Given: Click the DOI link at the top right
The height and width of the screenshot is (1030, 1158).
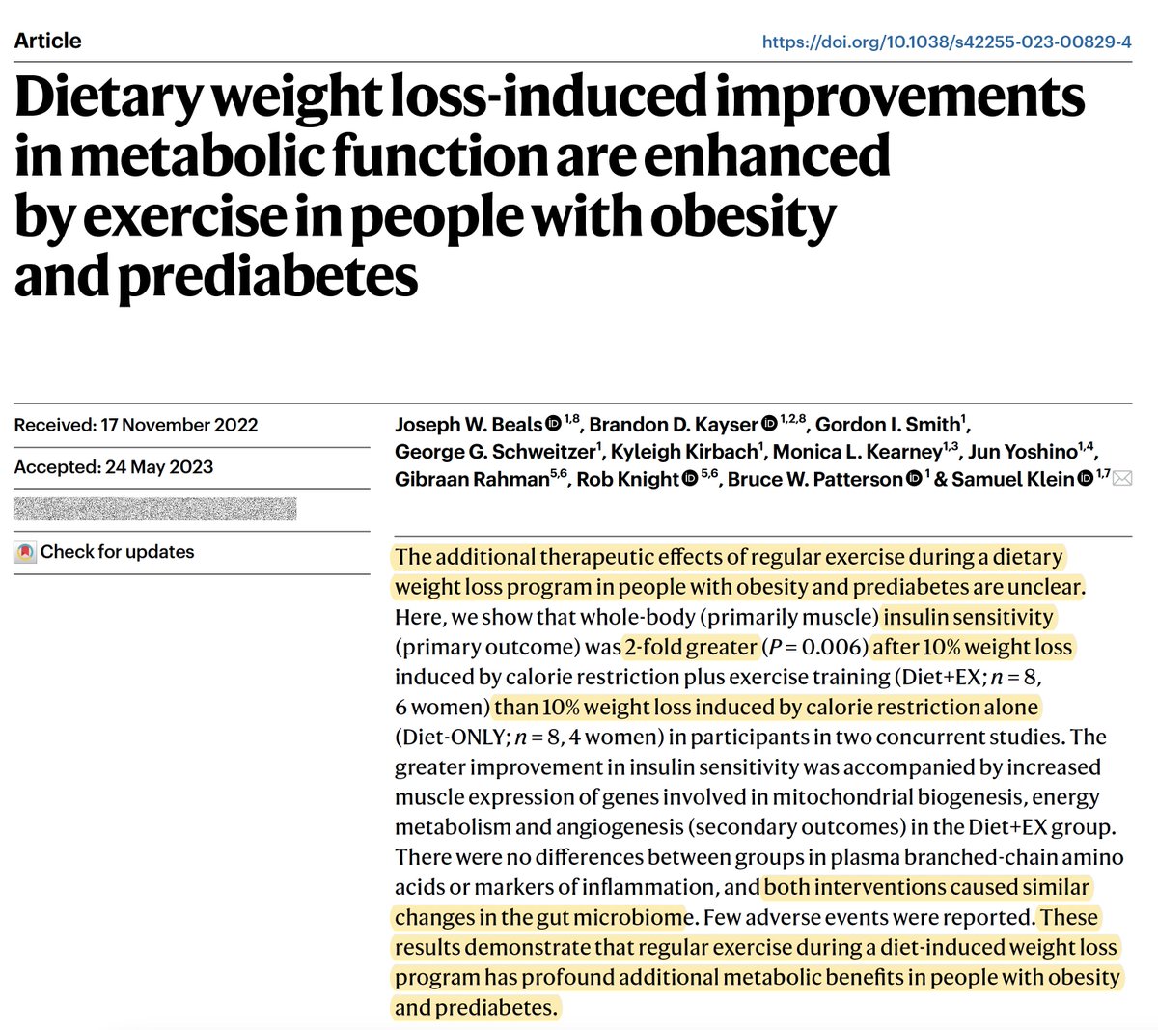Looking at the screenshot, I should (947, 42).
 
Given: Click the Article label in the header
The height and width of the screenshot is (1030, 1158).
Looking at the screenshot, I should (47, 41).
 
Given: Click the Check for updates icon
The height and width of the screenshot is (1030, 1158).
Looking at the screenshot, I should (25, 553).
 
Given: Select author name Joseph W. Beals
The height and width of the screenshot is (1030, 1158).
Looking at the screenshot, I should (468, 425).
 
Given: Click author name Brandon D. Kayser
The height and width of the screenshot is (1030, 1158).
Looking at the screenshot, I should (674, 425).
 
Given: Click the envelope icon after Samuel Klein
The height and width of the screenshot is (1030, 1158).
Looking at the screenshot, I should (1122, 479).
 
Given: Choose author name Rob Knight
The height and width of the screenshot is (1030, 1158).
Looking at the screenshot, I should (628, 479).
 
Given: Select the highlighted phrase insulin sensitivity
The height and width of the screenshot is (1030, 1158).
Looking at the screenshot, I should (968, 617).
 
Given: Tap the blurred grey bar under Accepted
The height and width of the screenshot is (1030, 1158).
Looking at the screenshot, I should (154, 509).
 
